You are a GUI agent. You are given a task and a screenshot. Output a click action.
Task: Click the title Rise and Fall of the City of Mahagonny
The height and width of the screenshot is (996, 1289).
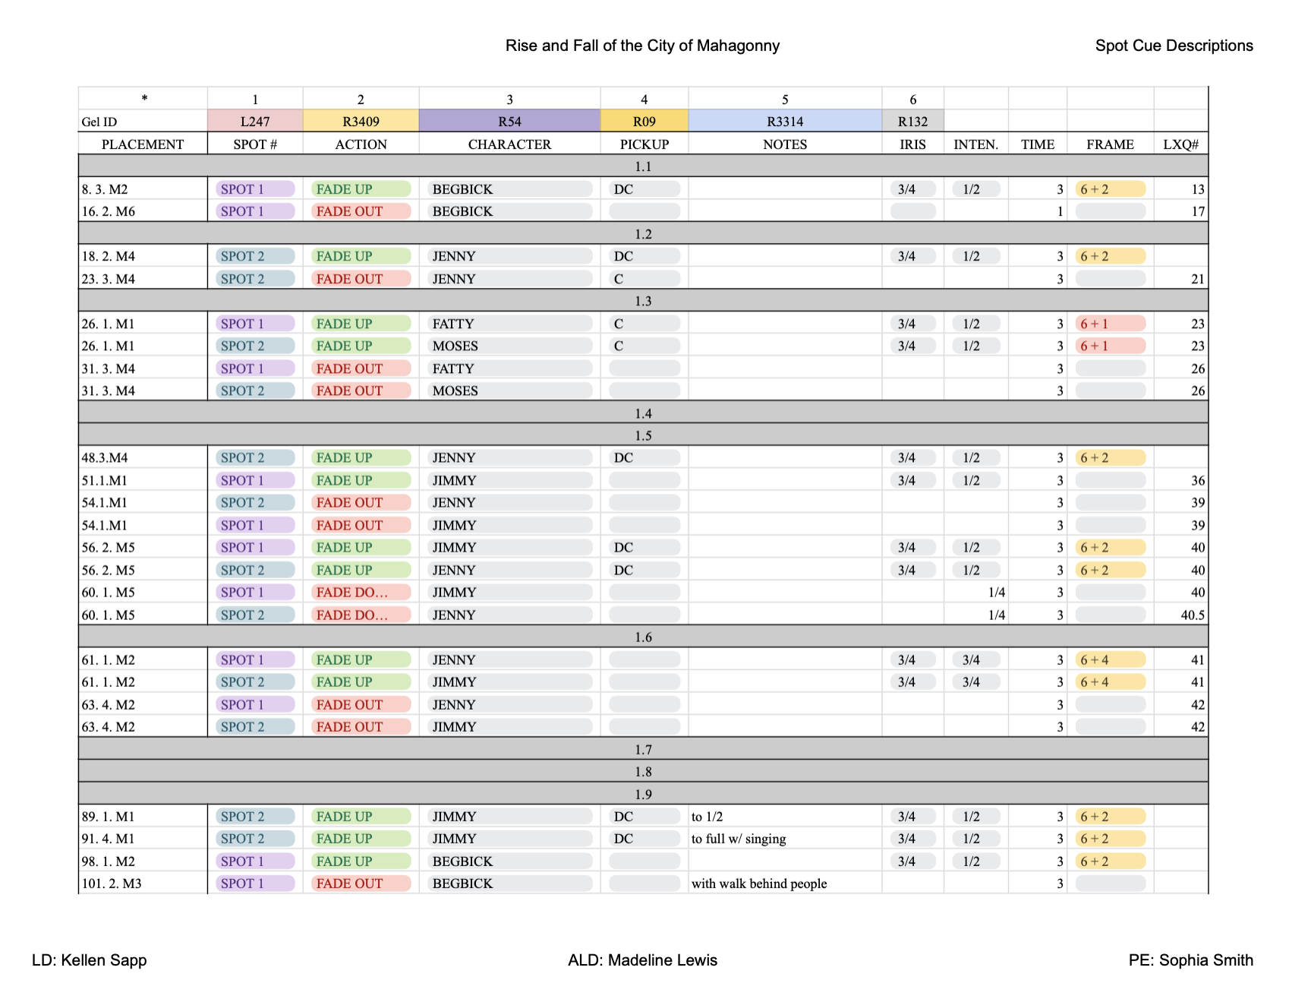click(642, 46)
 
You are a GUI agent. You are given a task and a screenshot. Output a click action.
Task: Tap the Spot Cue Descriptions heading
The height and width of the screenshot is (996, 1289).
click(1174, 46)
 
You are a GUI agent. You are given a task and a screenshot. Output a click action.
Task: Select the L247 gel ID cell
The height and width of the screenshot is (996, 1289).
click(255, 121)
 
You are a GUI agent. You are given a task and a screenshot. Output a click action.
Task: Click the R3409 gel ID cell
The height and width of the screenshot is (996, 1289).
click(361, 121)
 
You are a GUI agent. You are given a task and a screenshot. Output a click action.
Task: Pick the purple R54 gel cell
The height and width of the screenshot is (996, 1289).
click(509, 121)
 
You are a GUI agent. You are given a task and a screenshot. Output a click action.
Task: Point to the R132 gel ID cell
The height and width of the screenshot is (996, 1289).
click(912, 121)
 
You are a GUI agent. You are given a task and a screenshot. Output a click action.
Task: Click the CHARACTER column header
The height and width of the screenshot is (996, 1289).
click(509, 144)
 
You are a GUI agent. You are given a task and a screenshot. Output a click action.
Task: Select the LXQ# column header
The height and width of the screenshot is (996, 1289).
click(1180, 144)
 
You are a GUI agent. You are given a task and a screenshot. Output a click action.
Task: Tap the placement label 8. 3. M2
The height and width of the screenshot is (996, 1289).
click(105, 189)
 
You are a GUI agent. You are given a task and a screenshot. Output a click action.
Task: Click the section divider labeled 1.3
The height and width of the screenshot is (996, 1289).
click(643, 301)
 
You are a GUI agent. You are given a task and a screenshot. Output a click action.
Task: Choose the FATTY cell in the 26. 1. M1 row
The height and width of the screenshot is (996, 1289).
click(453, 324)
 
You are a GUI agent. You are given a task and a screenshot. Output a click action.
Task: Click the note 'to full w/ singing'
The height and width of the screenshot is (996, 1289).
click(739, 839)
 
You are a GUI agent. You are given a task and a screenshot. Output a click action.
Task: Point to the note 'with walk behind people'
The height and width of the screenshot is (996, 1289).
click(759, 884)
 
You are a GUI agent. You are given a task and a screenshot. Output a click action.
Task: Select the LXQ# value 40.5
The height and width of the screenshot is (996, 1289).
click(1193, 615)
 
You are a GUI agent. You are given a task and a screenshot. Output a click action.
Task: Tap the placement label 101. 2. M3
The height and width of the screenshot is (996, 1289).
click(112, 884)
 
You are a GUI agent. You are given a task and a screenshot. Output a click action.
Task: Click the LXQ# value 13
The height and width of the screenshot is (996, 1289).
click(1198, 189)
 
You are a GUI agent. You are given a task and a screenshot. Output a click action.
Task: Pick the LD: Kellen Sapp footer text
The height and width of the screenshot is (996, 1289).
click(90, 960)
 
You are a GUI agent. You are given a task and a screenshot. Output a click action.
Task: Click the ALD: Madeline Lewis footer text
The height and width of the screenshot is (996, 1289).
click(642, 960)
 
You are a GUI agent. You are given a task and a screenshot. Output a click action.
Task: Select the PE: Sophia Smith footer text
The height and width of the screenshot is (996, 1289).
click(1190, 960)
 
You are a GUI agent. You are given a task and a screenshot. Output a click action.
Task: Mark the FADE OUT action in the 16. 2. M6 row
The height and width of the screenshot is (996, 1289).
click(350, 211)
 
